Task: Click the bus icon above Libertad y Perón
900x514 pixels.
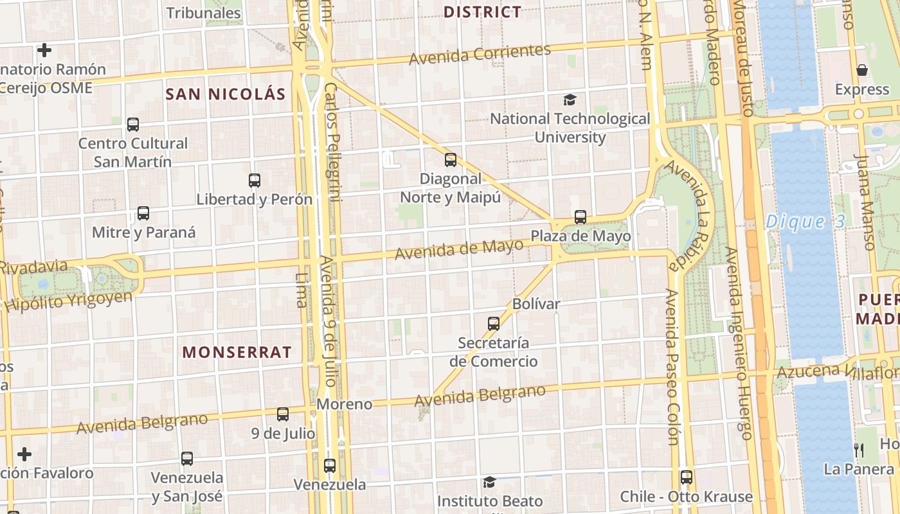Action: point(255,181)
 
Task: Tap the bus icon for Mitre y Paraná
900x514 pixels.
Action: point(143,213)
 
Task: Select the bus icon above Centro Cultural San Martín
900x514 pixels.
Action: point(133,125)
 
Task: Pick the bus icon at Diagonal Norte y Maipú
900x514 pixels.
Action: point(451,160)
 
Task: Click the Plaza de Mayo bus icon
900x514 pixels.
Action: point(580,217)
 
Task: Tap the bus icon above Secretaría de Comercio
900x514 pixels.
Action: point(494,324)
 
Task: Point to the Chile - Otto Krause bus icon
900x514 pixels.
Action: point(687,477)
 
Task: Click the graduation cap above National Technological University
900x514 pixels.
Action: point(570,100)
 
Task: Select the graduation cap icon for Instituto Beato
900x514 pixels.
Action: point(490,482)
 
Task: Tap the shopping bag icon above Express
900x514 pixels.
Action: point(862,70)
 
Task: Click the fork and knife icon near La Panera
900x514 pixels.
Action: point(859,450)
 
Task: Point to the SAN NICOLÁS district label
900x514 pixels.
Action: point(226,94)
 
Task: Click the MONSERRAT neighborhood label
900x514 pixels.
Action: point(237,352)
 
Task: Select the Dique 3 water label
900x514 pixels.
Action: point(805,222)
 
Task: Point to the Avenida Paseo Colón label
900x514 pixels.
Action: point(672,366)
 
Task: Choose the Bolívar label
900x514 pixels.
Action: point(537,303)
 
